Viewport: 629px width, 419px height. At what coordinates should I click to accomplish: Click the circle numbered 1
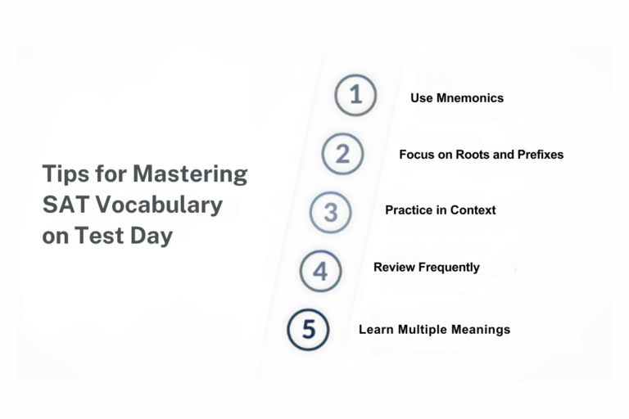355,95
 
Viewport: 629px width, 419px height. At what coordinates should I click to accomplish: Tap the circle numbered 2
342,154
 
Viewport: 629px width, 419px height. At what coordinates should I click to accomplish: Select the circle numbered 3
330,213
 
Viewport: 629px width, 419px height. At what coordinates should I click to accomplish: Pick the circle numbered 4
320,271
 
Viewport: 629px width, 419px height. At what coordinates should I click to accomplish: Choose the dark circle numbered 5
308,330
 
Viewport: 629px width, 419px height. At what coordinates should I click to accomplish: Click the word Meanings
482,329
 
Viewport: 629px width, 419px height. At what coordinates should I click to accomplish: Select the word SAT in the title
61,205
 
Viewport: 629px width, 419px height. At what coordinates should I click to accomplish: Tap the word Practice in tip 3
410,209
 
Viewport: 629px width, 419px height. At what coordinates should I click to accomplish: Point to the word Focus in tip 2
417,154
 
